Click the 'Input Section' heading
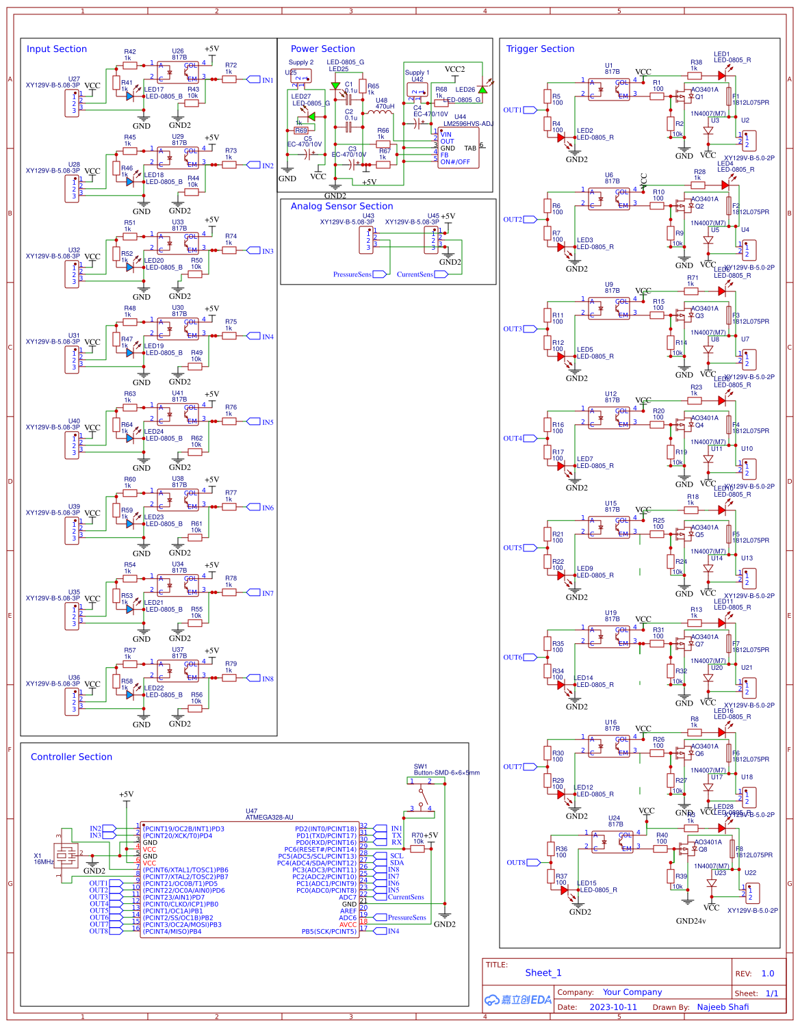[x=56, y=49]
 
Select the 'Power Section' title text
[x=322, y=49]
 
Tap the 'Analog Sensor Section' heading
[x=341, y=207]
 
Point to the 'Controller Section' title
[x=71, y=757]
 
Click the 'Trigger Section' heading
[x=540, y=49]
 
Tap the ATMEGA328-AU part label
[x=269, y=817]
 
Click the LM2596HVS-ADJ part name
[x=467, y=124]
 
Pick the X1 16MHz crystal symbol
[x=65, y=855]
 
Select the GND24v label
[x=691, y=921]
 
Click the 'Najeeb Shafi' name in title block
[x=723, y=1007]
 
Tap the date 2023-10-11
[x=612, y=1007]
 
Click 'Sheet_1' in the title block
[x=543, y=973]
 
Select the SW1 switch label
[x=420, y=766]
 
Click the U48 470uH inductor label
[x=385, y=103]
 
